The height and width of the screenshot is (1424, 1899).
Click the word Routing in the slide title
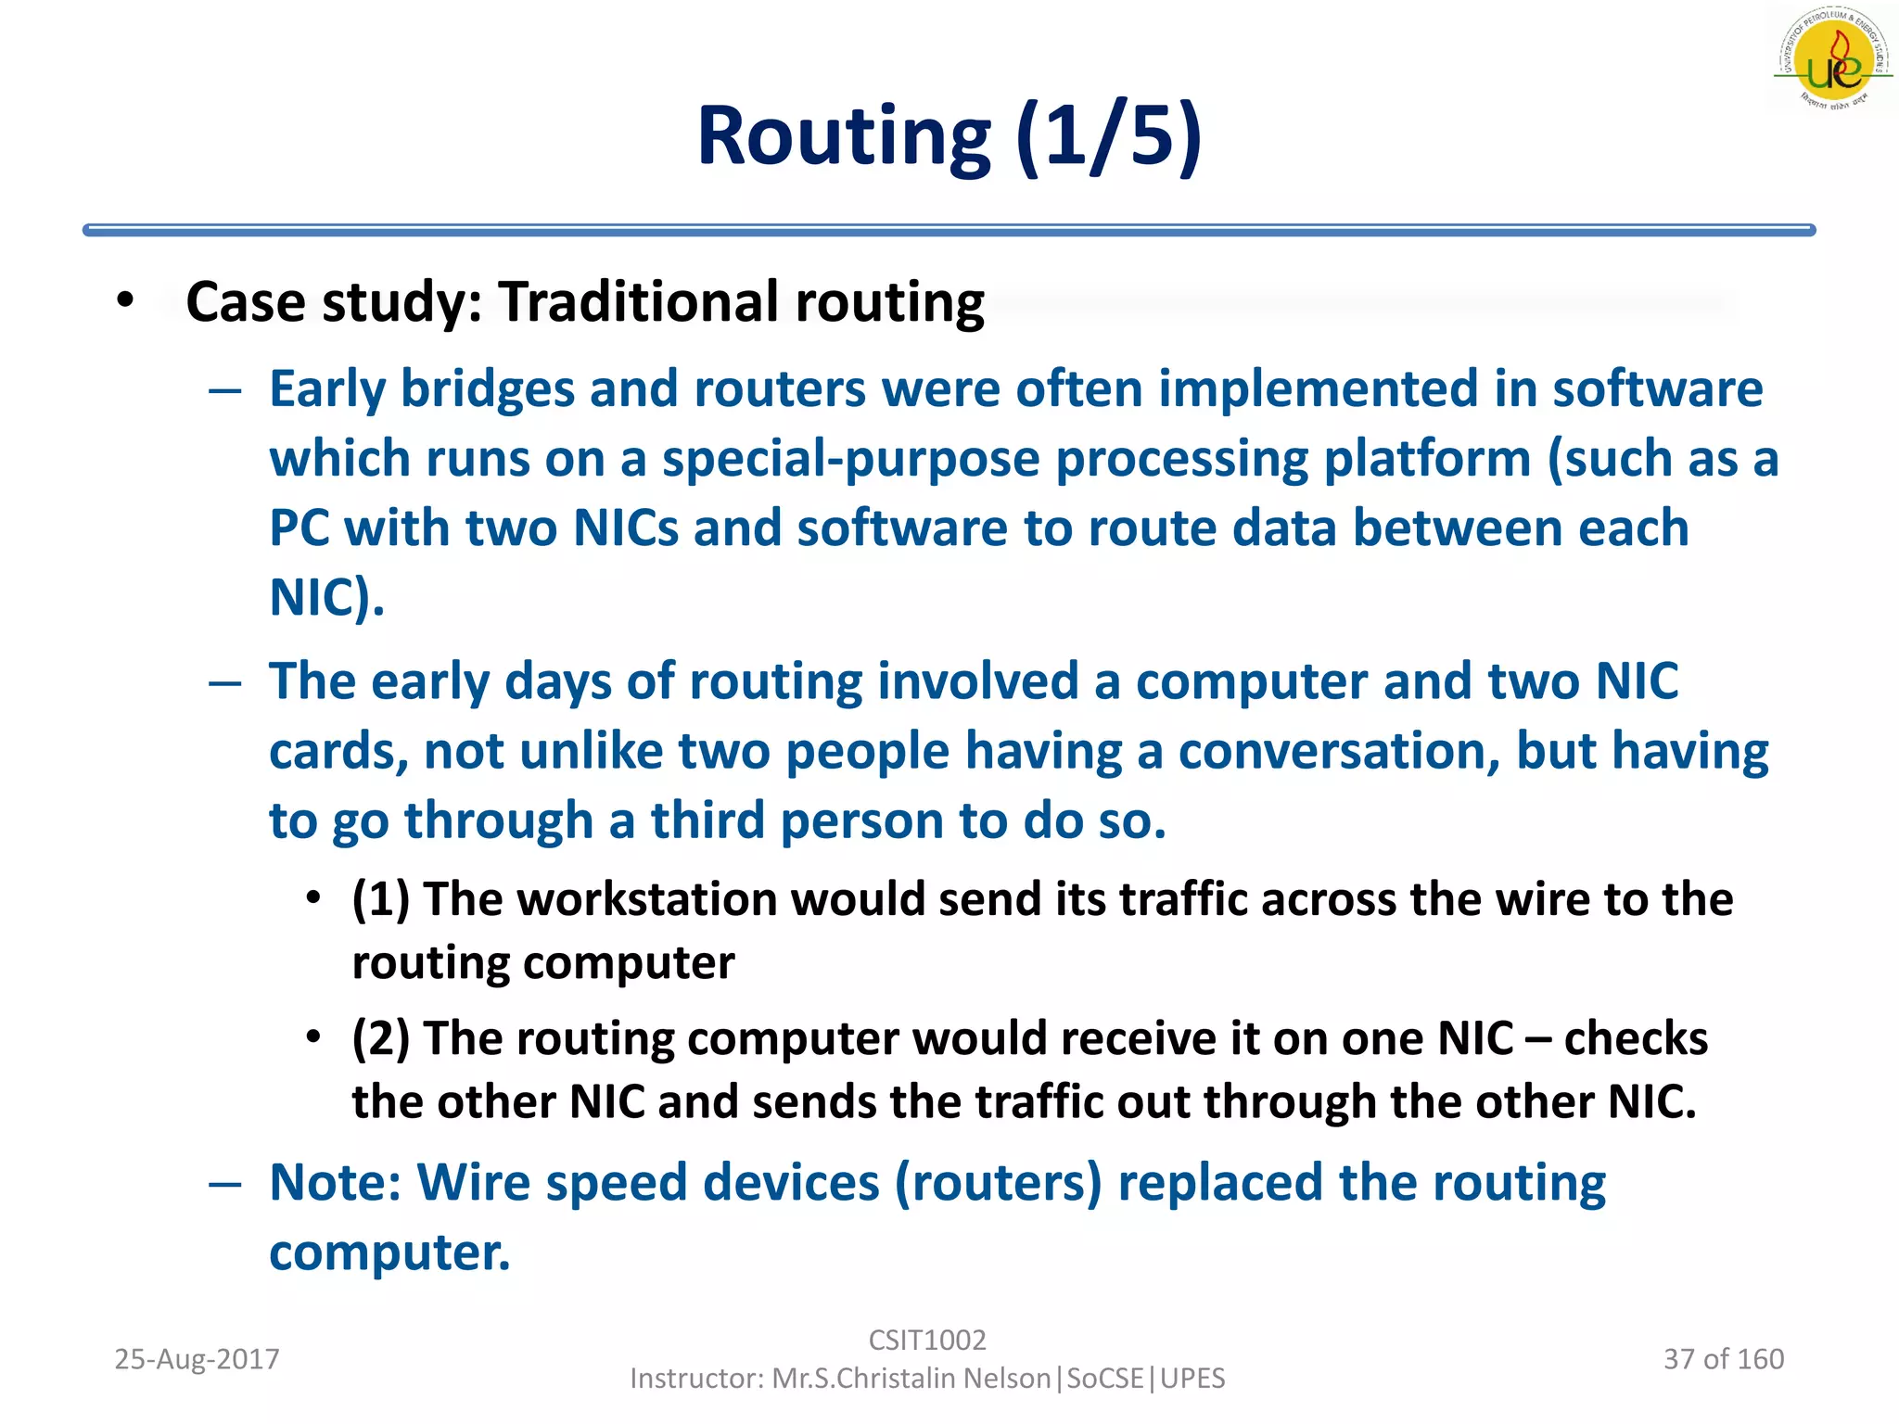[x=844, y=137]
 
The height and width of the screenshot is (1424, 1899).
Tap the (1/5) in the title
[x=1109, y=137]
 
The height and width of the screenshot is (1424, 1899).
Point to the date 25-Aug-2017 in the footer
[x=197, y=1359]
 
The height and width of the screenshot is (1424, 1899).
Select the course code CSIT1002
[x=926, y=1340]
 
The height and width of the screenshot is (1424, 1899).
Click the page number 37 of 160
[x=1723, y=1359]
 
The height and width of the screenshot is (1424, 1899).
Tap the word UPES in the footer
[x=1192, y=1379]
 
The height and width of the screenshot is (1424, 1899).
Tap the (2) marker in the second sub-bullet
[x=380, y=1038]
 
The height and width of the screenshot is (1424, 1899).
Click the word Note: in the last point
[x=335, y=1183]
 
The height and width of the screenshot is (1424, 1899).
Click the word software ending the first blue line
[x=1657, y=388]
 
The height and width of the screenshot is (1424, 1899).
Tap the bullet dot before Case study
[x=126, y=300]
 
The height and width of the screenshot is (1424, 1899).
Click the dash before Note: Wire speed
[x=225, y=1184]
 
